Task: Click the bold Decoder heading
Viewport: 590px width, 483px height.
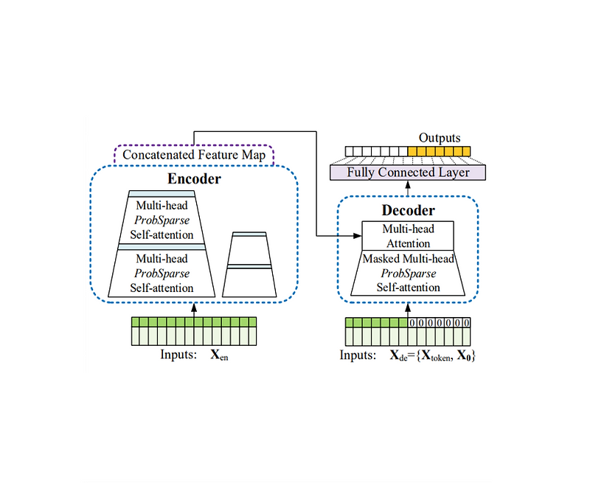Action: (x=408, y=210)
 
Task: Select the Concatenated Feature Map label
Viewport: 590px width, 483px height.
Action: (x=193, y=155)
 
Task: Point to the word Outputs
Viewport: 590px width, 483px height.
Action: (x=439, y=138)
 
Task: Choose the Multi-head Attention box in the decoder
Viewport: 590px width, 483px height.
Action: (x=408, y=236)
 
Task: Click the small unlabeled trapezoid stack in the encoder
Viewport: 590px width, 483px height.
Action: (x=249, y=264)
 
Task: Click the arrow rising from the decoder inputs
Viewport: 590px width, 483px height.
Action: (x=408, y=308)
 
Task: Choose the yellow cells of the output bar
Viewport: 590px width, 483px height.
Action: (x=439, y=152)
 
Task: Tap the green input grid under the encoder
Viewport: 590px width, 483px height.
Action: (x=194, y=331)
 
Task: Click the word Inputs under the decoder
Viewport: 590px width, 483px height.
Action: (x=359, y=355)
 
